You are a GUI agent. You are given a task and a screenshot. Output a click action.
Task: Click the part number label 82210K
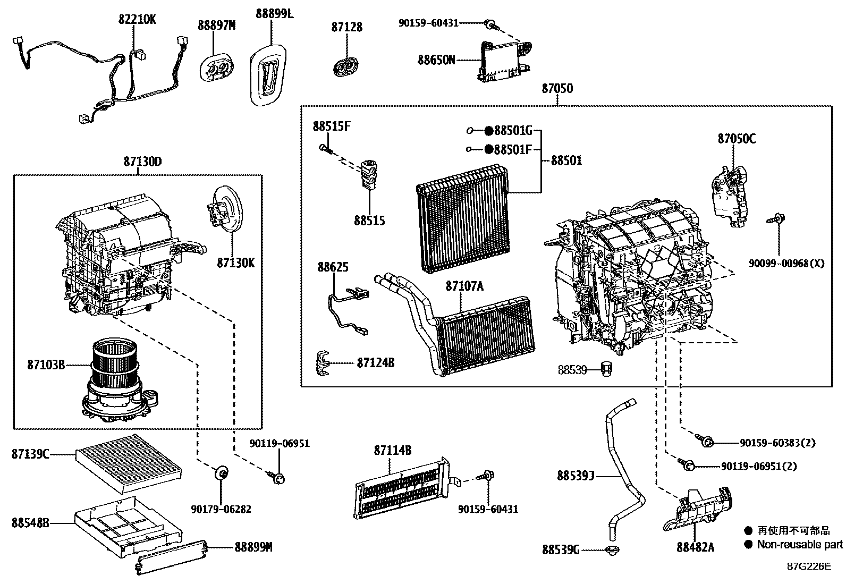pyautogui.click(x=137, y=20)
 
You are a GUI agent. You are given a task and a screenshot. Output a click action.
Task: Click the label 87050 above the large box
pyautogui.click(x=557, y=89)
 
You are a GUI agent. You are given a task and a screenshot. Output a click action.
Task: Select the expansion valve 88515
pyautogui.click(x=368, y=174)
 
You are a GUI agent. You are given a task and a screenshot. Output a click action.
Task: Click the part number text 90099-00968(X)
pyautogui.click(x=786, y=263)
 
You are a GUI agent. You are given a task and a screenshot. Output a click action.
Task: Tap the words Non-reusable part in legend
pyautogui.click(x=799, y=544)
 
